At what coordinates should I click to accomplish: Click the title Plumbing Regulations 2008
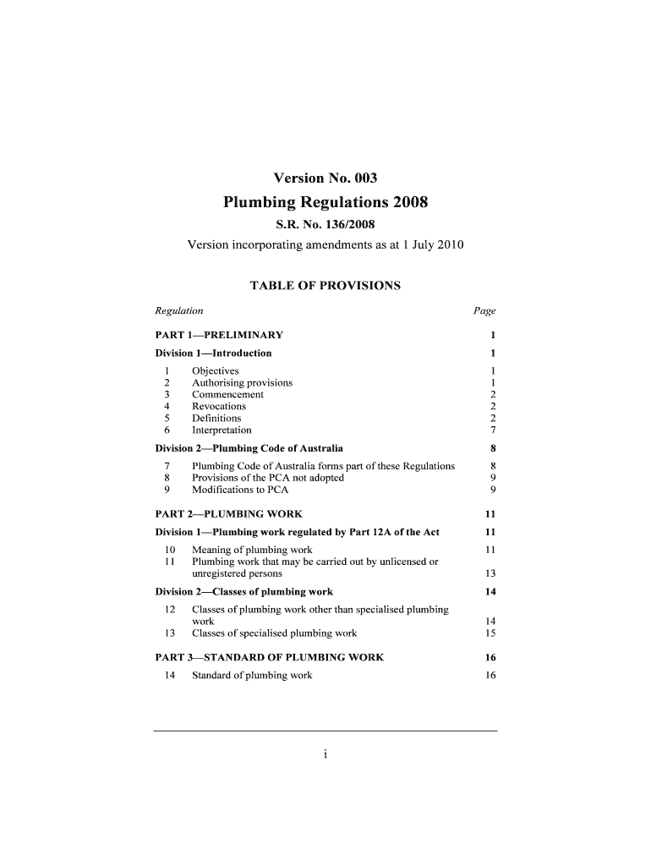pos(325,202)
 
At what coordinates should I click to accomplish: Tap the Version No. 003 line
pos(325,178)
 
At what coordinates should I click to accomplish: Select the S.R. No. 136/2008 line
pos(325,225)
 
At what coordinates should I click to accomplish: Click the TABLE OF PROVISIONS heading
pos(325,286)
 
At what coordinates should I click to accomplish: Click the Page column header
pos(484,311)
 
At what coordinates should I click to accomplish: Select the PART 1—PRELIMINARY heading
pos(219,335)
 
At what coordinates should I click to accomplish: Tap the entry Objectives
pos(216,371)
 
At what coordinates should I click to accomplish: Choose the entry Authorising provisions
pos(243,383)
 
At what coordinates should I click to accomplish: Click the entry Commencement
pos(228,395)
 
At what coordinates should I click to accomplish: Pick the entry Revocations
pos(219,407)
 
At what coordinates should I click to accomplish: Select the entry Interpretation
pos(222,430)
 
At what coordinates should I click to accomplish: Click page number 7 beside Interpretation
pos(492,430)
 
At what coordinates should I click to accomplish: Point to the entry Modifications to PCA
pos(240,490)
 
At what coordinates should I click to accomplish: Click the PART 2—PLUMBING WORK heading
pos(229,513)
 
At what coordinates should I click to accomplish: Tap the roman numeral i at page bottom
pos(325,755)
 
